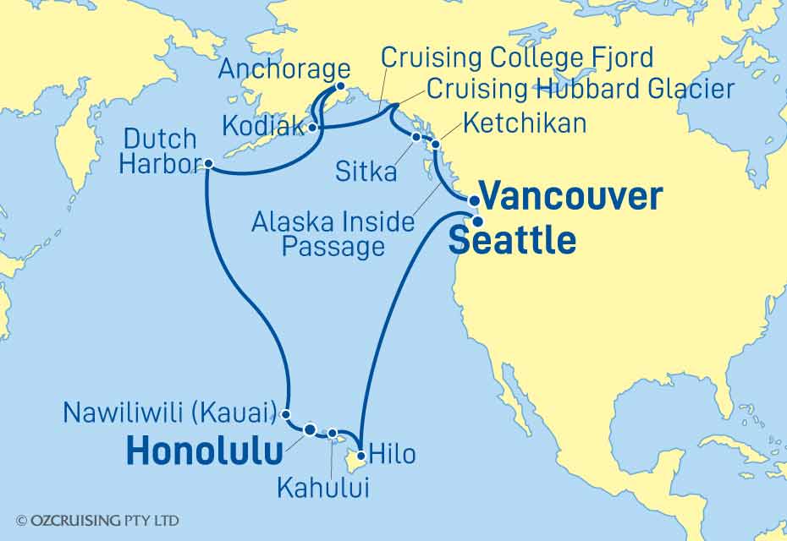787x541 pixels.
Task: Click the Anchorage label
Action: tap(283, 69)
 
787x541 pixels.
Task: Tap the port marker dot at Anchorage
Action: tap(341, 86)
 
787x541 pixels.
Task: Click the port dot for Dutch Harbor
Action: tap(208, 166)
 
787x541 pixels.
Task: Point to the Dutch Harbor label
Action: tap(158, 152)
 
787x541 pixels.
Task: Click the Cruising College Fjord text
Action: tap(517, 58)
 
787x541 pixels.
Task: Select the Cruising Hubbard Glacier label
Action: tap(581, 88)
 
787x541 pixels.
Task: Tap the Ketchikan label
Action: tap(522, 123)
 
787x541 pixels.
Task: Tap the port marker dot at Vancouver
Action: tap(475, 201)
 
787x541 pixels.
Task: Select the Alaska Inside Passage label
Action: tap(333, 235)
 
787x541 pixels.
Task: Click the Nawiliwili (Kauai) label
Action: tap(171, 413)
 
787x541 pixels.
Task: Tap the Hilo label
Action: tap(393, 454)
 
